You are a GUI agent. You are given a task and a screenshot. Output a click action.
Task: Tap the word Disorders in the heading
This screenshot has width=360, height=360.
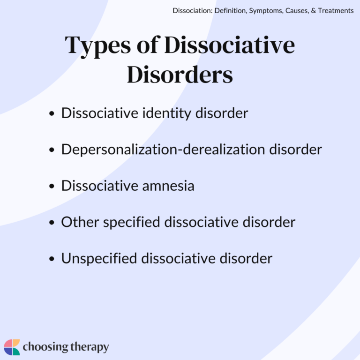180,75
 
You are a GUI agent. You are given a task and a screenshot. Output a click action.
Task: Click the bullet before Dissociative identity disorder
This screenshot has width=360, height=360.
52,114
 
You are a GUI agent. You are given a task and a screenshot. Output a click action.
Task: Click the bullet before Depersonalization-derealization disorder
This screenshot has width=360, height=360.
52,150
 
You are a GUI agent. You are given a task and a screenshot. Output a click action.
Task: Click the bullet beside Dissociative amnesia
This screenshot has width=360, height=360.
52,187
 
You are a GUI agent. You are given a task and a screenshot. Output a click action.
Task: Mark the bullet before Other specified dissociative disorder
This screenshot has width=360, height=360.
52,223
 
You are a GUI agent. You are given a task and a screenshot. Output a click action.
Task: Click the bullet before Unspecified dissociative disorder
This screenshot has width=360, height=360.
52,259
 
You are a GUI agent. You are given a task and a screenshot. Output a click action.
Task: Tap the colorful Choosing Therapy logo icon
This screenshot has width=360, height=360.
12,347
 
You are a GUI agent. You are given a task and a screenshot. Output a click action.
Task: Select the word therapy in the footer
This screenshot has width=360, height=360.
89,347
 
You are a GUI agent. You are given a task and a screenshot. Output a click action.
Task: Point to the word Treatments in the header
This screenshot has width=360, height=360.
334,10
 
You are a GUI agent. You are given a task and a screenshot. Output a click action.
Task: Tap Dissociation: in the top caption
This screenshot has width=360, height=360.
193,10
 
